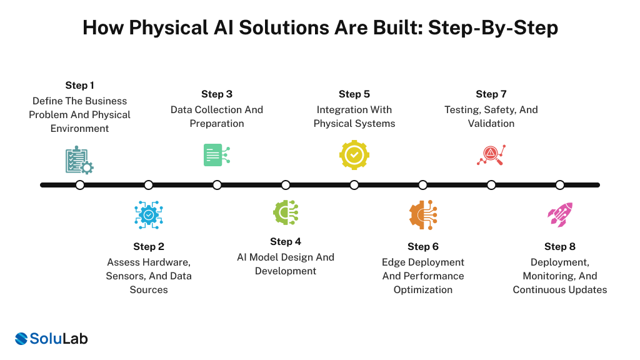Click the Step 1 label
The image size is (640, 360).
pyautogui.click(x=79, y=85)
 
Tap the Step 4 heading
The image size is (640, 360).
pyautogui.click(x=286, y=241)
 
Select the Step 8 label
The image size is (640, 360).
pyautogui.click(x=560, y=246)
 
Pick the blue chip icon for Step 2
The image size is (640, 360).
pyautogui.click(x=149, y=214)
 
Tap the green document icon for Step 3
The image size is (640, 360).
pyautogui.click(x=216, y=154)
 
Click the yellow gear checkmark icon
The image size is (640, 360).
pyautogui.click(x=354, y=154)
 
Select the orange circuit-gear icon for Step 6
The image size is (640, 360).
pyautogui.click(x=423, y=214)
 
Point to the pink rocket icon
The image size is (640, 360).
pyautogui.click(x=559, y=214)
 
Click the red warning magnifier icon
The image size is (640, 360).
pyautogui.click(x=491, y=155)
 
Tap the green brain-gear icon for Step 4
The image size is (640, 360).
pyautogui.click(x=286, y=212)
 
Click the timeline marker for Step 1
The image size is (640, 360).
pyautogui.click(x=80, y=185)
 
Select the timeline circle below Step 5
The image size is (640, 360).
pyautogui.click(x=354, y=185)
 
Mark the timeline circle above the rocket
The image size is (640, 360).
pyautogui.click(x=560, y=185)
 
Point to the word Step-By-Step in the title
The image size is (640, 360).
pyautogui.click(x=492, y=28)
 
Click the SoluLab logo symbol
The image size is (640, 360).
pyautogui.click(x=22, y=339)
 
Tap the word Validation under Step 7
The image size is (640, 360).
pyautogui.click(x=491, y=123)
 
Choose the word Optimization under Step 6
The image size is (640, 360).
pyautogui.click(x=423, y=289)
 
